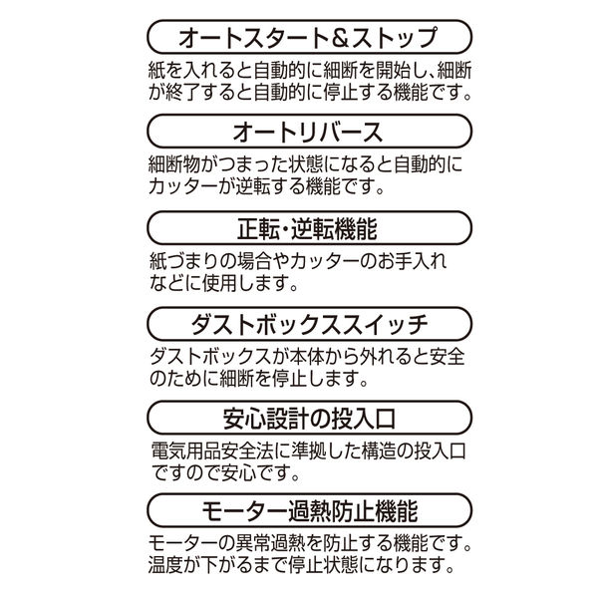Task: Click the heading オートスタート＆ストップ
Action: click(x=308, y=38)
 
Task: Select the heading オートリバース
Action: click(x=307, y=132)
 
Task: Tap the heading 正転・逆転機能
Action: click(x=307, y=228)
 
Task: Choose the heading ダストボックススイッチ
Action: click(x=309, y=324)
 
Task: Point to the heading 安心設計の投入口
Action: click(x=309, y=418)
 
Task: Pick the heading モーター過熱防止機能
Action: click(x=309, y=511)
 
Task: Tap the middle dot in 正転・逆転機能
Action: click(x=285, y=229)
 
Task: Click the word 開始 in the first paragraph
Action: click(x=384, y=70)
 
